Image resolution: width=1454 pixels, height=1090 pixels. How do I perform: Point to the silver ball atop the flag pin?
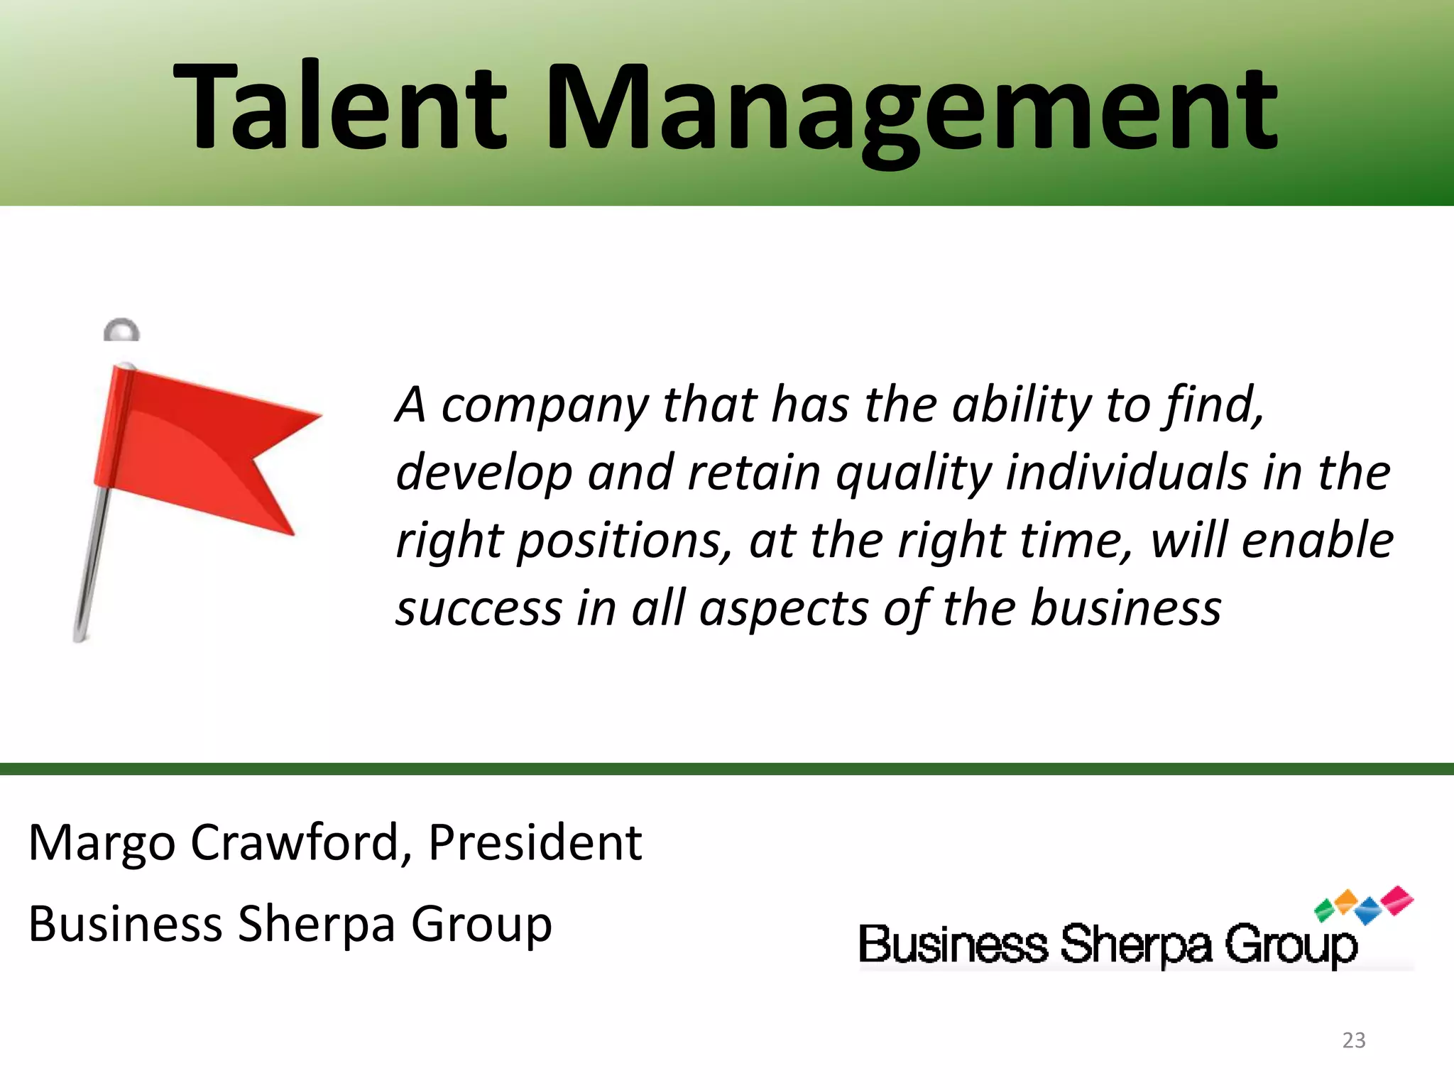tap(121, 331)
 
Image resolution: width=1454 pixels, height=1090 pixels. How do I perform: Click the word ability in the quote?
tap(1021, 406)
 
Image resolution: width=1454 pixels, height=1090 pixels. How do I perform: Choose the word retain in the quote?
tap(754, 473)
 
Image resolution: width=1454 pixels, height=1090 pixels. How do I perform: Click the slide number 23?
tap(1354, 1040)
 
